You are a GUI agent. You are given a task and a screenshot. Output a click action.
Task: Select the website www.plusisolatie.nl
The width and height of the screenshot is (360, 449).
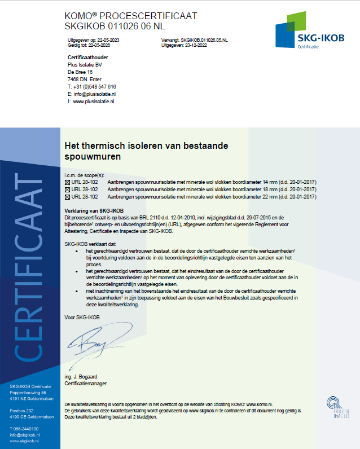pyautogui.click(x=94, y=102)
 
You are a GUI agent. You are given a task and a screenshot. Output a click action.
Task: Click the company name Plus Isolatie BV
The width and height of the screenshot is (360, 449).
pyautogui.click(x=85, y=65)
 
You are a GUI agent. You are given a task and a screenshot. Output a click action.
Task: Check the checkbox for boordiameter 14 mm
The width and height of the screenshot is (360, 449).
pyautogui.click(x=68, y=182)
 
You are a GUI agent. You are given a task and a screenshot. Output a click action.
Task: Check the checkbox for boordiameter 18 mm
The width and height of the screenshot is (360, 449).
pyautogui.click(x=68, y=190)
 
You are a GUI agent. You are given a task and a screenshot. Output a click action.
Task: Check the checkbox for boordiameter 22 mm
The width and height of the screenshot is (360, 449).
pyautogui.click(x=68, y=197)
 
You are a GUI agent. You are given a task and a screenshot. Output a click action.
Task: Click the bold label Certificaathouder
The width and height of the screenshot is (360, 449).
pyautogui.click(x=87, y=58)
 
